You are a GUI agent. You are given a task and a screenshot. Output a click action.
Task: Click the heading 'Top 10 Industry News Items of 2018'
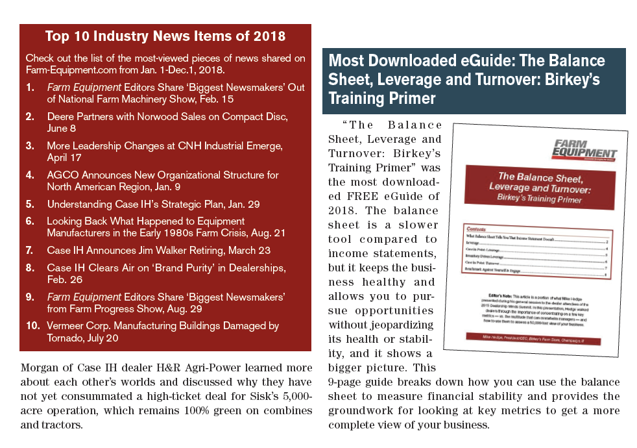pyautogui.click(x=165, y=35)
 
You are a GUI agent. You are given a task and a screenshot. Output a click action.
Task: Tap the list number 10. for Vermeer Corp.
pyautogui.click(x=34, y=325)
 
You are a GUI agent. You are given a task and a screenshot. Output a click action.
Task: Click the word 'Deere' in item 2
pyautogui.click(x=62, y=117)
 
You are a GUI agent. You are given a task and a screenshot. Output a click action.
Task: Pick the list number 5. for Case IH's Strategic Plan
pyautogui.click(x=30, y=204)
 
